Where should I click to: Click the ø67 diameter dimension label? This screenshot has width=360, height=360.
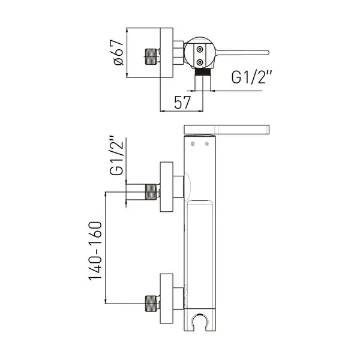point(118,53)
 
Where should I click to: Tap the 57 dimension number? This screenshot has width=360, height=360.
point(182,103)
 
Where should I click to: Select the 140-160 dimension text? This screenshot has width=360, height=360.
point(95,250)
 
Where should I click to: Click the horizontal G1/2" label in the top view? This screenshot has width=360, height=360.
point(251,77)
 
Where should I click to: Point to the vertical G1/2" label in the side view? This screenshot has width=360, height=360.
point(116,155)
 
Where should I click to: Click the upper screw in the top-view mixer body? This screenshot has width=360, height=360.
point(200,49)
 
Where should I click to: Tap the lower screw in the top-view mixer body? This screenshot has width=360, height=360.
point(200,62)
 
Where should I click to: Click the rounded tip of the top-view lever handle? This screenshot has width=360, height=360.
point(267,52)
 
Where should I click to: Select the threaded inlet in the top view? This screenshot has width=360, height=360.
point(152,56)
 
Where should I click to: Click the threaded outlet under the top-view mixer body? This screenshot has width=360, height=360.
point(203,72)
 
